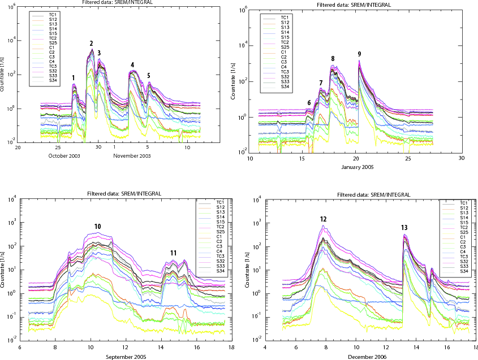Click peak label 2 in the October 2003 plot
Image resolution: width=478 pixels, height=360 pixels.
91,44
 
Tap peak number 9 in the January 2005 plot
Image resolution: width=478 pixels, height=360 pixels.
359,54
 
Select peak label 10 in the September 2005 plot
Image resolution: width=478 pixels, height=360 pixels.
98,227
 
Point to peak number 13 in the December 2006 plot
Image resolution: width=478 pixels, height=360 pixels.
404,228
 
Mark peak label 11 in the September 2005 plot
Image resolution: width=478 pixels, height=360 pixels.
173,253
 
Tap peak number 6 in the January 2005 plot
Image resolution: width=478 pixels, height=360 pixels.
309,102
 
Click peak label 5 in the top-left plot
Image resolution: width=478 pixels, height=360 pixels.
149,75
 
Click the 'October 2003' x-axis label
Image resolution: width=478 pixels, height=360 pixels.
62,155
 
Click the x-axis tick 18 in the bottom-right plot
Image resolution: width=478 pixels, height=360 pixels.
475,348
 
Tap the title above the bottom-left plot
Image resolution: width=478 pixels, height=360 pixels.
124,194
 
